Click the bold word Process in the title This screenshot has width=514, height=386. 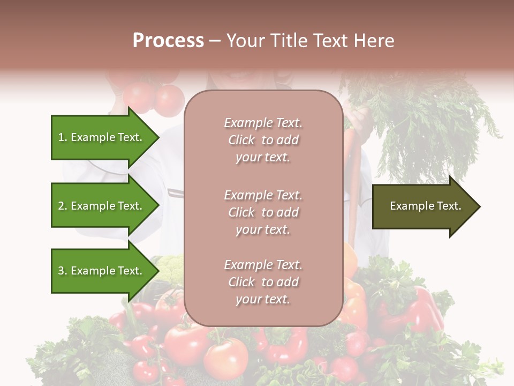168,41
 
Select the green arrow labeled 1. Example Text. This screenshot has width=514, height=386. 102,137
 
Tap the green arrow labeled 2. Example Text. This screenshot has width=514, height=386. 102,206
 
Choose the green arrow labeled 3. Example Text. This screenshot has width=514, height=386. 102,271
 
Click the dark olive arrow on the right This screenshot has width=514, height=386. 423,206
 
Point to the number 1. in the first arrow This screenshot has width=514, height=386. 63,137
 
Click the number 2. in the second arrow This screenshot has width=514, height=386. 63,206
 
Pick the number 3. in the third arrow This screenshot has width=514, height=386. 63,271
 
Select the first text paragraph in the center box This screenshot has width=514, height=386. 263,140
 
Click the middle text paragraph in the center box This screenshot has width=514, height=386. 263,212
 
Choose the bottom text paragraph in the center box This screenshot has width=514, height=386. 263,282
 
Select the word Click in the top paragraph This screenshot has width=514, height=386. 241,140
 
